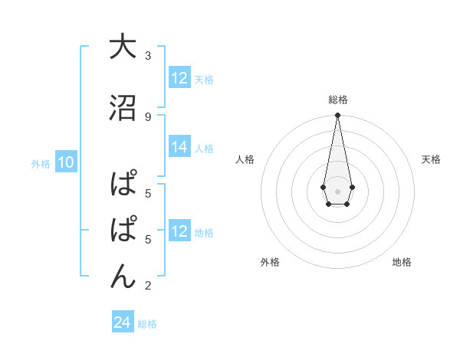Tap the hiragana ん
point(122,276)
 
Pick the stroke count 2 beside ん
point(148,286)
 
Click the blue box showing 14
point(179,148)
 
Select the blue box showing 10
point(66,162)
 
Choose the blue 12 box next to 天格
point(179,79)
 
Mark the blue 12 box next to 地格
point(179,232)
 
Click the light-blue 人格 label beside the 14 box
point(204,149)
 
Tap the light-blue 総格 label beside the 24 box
point(147,323)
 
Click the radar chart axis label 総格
point(337,100)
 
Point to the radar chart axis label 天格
point(431,159)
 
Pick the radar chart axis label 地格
point(402,262)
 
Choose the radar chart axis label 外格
point(270,262)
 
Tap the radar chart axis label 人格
point(245,159)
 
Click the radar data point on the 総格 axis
point(337,116)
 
